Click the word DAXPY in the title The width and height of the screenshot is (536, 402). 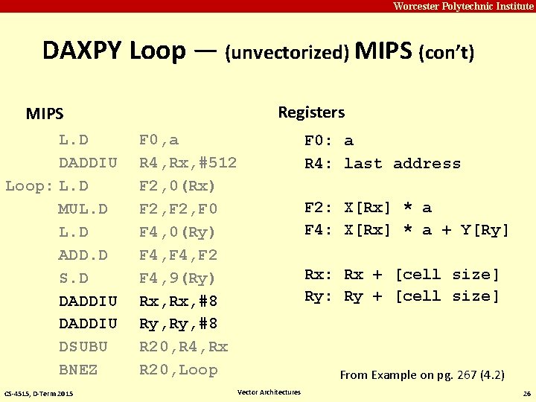[82, 51]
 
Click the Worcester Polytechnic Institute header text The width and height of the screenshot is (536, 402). [463, 7]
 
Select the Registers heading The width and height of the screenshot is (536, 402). [311, 112]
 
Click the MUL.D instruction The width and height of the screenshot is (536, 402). [83, 209]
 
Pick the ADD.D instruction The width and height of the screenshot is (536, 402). [83, 255]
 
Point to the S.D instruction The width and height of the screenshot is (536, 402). [74, 278]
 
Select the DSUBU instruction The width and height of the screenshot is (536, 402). [83, 347]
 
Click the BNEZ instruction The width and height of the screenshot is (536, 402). [78, 370]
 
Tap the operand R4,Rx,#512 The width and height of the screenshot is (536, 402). [188, 163]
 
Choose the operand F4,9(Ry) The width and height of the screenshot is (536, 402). [178, 278]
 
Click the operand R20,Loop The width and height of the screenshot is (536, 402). [178, 370]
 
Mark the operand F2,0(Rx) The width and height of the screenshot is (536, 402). [178, 186]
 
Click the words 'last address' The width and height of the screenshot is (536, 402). [402, 164]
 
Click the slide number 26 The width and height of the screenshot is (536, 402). [526, 393]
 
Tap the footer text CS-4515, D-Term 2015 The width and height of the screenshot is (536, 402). [38, 393]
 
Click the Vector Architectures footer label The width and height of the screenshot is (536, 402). [269, 392]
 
